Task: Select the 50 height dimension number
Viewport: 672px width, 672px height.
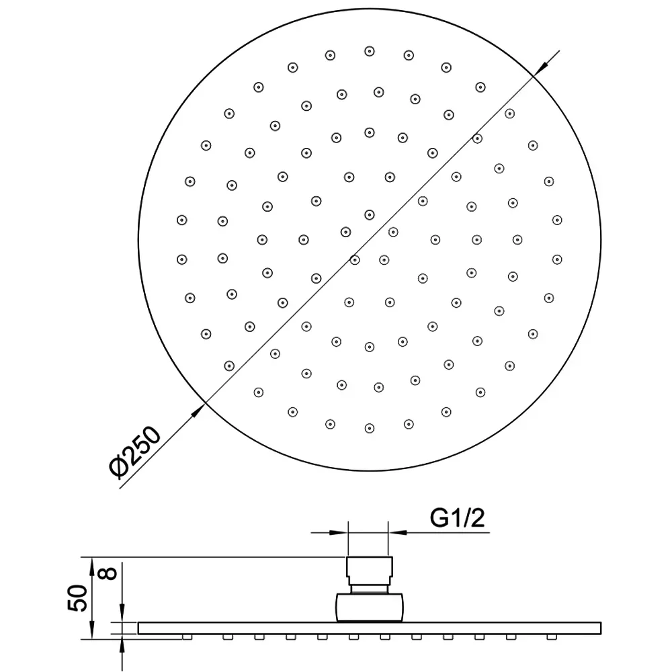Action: [x=77, y=597]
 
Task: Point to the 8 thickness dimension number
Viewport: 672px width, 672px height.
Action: [x=109, y=573]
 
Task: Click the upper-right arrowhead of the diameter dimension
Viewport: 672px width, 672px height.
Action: [x=542, y=67]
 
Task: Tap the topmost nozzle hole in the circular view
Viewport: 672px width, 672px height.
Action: [x=370, y=52]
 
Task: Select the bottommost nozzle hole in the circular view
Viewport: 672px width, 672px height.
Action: [x=370, y=428]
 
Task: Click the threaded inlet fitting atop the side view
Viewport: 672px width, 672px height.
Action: [x=370, y=571]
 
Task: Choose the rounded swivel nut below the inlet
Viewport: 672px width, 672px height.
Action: [x=370, y=607]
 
